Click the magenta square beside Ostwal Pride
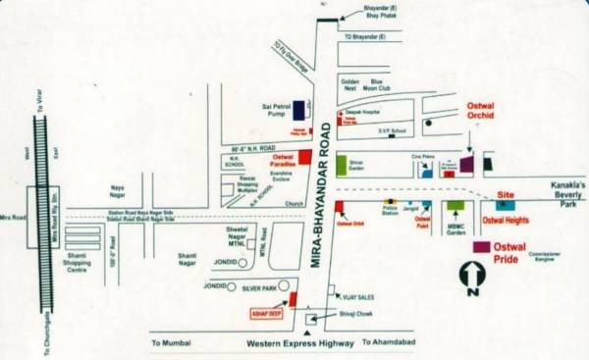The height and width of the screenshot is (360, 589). pyautogui.click(x=481, y=246)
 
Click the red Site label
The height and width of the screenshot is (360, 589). pyautogui.click(x=506, y=196)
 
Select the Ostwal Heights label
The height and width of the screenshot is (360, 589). pyautogui.click(x=505, y=222)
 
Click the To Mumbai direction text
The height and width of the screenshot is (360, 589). pyautogui.click(x=172, y=343)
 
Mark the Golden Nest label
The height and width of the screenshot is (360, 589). pyautogui.click(x=349, y=85)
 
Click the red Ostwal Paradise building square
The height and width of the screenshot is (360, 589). pyautogui.click(x=304, y=156)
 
